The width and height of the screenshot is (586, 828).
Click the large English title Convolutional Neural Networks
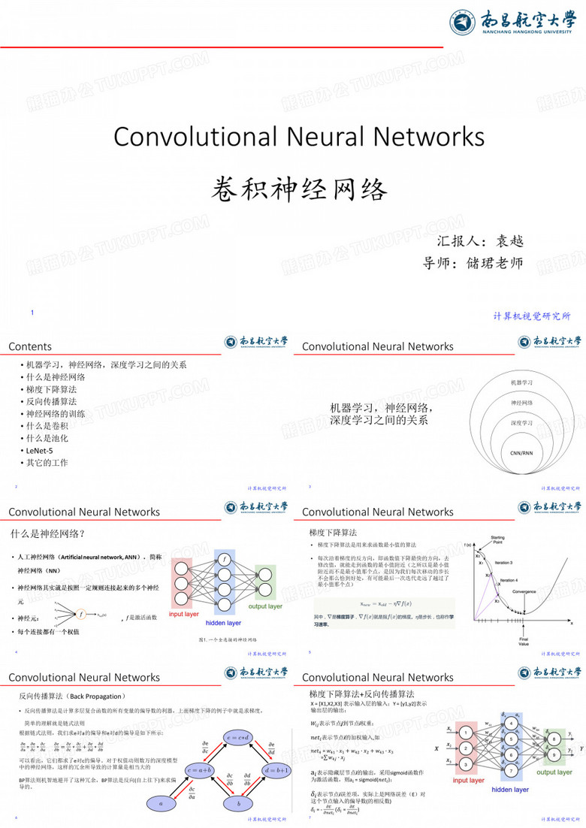299,136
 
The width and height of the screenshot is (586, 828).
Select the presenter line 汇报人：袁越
479,241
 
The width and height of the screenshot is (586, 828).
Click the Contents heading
30,346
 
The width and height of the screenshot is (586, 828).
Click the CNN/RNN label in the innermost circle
521,453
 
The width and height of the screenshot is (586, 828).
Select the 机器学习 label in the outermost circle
521,382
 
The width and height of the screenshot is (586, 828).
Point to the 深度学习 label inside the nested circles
521,423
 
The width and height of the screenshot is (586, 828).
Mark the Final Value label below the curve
524,642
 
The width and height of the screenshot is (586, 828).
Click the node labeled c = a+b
201,770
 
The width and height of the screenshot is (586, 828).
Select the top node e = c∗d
240,736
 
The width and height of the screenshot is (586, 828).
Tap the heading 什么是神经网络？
47,534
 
